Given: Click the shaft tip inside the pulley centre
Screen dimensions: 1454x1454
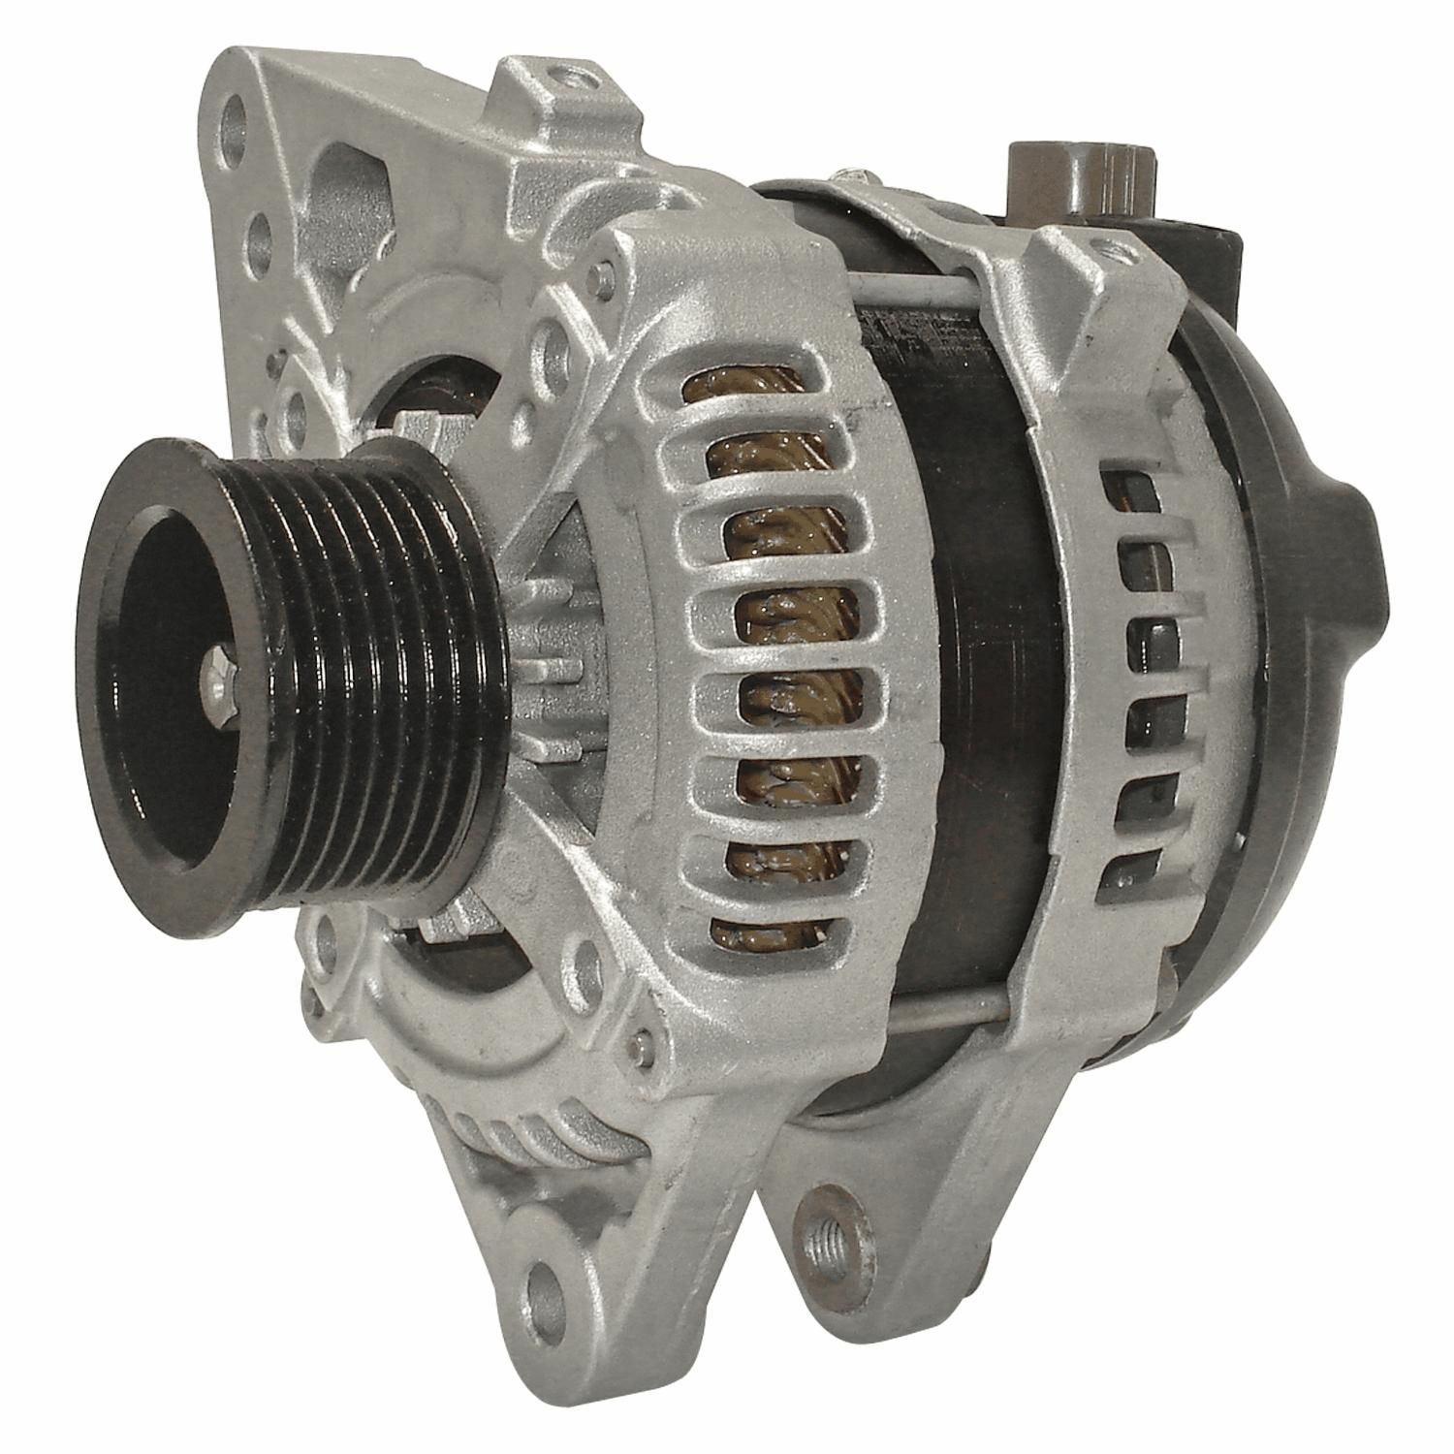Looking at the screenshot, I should tap(220, 679).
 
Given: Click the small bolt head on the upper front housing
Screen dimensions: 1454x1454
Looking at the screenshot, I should tap(607, 277).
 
